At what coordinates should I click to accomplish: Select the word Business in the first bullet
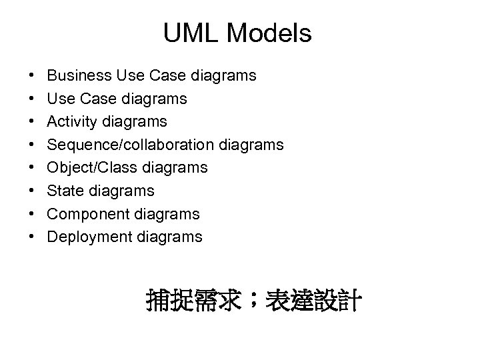point(76,75)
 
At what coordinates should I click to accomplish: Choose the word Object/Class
point(90,167)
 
